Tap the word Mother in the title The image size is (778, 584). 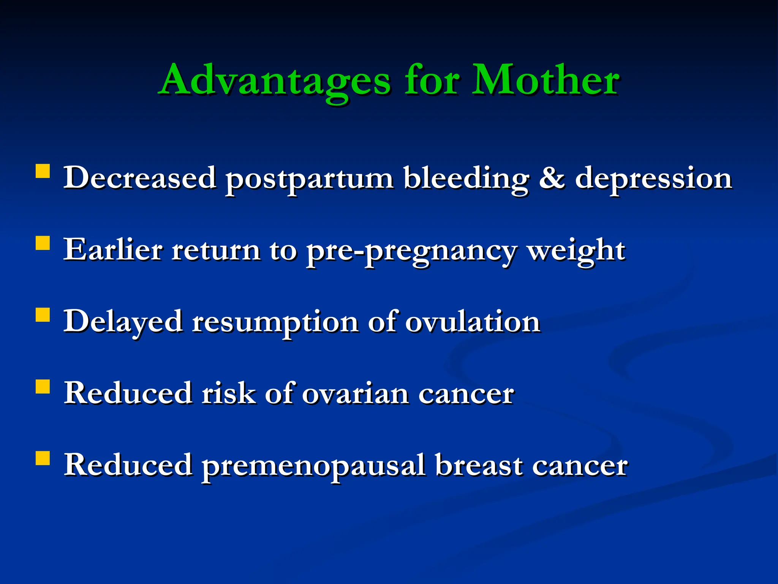click(546, 81)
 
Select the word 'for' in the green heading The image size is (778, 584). click(432, 81)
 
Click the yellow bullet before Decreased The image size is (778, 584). click(43, 171)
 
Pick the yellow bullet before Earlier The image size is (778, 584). click(43, 243)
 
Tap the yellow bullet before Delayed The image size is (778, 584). click(43, 315)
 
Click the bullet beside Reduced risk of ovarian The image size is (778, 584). click(43, 386)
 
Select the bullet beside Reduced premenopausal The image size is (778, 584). click(43, 458)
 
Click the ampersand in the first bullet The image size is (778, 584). click(552, 178)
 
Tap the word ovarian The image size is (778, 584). click(355, 394)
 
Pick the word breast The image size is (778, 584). click(479, 465)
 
